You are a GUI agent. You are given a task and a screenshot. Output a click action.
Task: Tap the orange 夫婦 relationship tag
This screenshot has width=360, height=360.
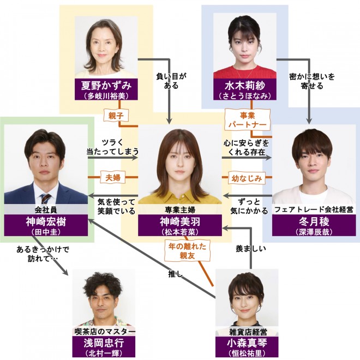113,178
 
